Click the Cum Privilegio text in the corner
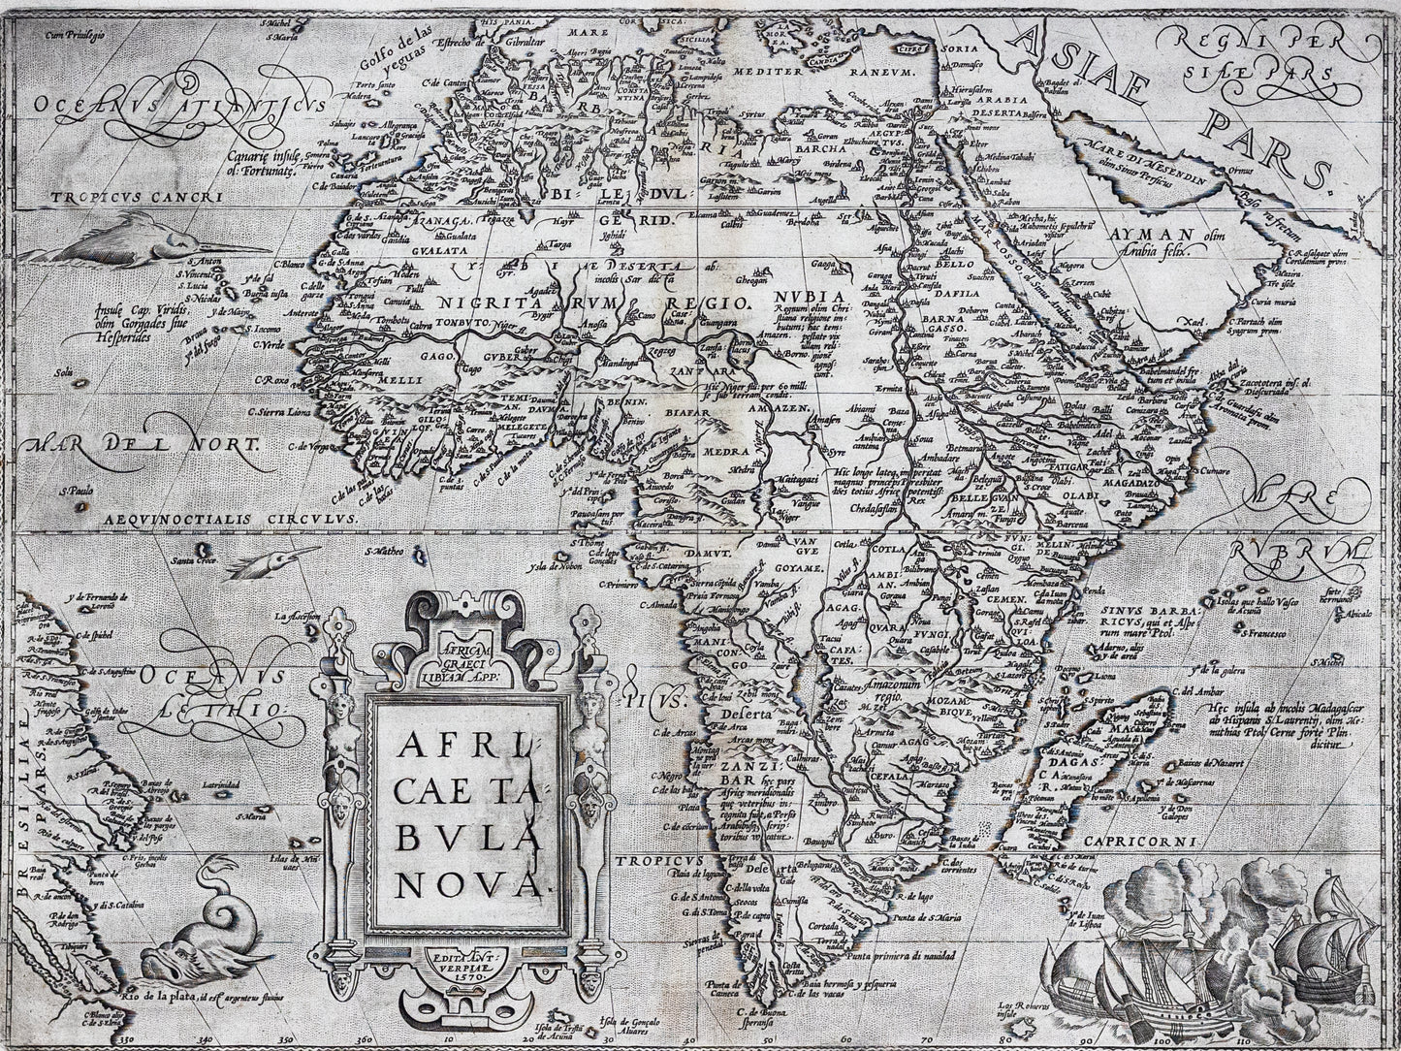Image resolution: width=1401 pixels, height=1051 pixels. [x=82, y=36]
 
